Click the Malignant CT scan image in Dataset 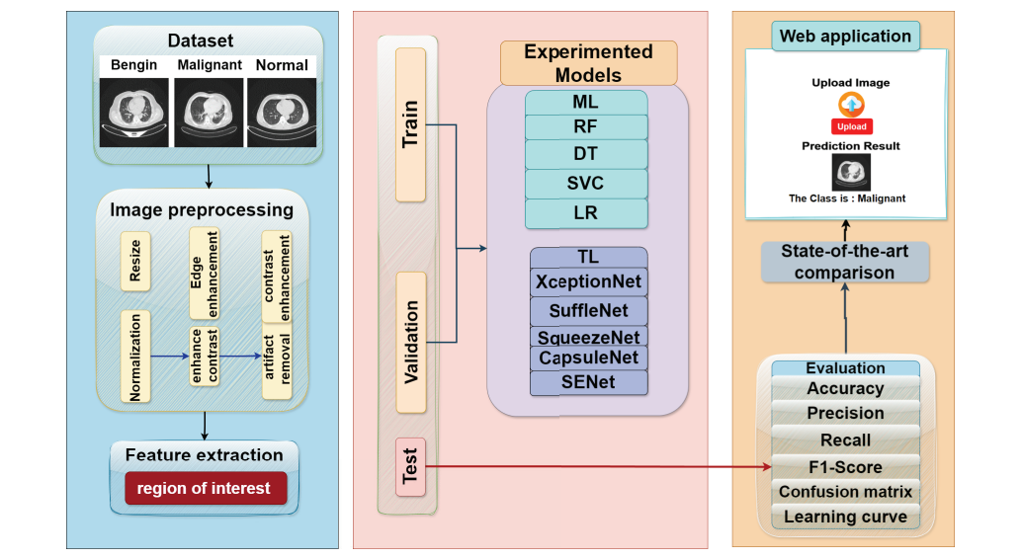[x=209, y=114]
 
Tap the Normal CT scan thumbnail [x=282, y=114]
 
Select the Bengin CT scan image [x=135, y=114]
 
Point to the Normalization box [x=135, y=357]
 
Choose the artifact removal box [x=276, y=362]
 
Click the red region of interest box [x=206, y=489]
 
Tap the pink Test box [x=410, y=466]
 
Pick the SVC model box [x=586, y=184]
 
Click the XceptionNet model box [x=588, y=281]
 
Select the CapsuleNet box [x=588, y=358]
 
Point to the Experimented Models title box [x=588, y=63]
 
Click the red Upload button [x=851, y=126]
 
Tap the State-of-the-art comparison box [x=845, y=262]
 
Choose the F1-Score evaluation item [x=845, y=467]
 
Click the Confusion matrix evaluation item [x=845, y=492]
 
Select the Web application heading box [x=845, y=37]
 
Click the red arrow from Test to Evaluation [x=593, y=466]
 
